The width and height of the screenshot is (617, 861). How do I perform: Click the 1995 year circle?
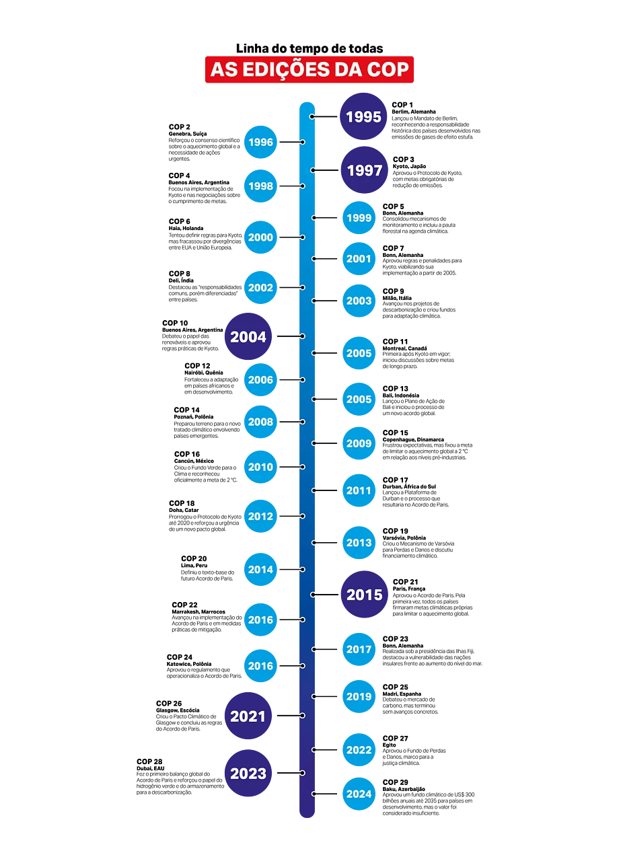[x=363, y=116]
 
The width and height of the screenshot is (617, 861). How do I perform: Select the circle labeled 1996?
[x=260, y=142]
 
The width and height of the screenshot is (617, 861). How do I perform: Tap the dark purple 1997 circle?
[x=365, y=170]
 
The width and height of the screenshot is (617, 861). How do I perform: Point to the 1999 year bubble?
[x=359, y=218]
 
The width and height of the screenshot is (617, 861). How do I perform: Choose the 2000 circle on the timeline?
[x=260, y=237]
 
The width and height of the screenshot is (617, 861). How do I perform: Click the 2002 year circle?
[x=260, y=288]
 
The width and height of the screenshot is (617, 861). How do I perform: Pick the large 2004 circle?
[x=248, y=337]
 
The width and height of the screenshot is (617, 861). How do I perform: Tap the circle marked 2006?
[x=260, y=380]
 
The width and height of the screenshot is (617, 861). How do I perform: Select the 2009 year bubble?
[x=359, y=443]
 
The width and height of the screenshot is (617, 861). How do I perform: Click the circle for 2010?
[x=260, y=467]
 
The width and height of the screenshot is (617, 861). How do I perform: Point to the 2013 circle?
[x=359, y=543]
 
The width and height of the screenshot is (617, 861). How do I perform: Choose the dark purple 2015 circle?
[x=365, y=595]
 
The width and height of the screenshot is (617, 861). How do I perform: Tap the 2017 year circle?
[x=359, y=650]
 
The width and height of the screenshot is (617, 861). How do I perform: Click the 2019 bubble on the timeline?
[x=359, y=697]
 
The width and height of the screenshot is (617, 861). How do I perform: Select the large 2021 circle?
[x=248, y=716]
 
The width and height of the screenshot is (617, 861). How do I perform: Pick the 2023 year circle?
[x=248, y=774]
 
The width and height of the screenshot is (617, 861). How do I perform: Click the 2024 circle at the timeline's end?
[x=359, y=794]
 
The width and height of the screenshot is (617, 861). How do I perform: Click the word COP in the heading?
[x=388, y=70]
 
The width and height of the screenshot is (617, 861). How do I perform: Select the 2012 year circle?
[x=260, y=517]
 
